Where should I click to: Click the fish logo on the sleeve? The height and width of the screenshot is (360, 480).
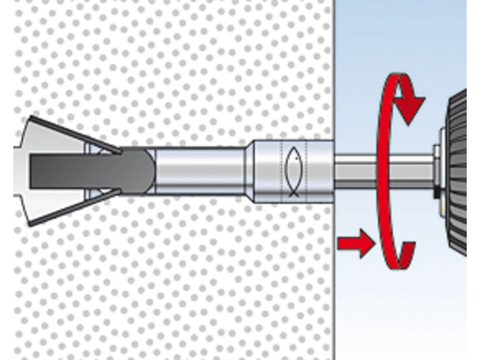(x=294, y=172)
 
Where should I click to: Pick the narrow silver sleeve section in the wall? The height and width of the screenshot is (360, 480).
(x=199, y=172)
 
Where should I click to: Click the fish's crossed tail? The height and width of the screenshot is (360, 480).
(x=294, y=193)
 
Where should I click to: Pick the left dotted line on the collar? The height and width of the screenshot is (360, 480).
(x=281, y=172)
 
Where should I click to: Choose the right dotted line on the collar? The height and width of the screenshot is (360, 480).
(x=306, y=172)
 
